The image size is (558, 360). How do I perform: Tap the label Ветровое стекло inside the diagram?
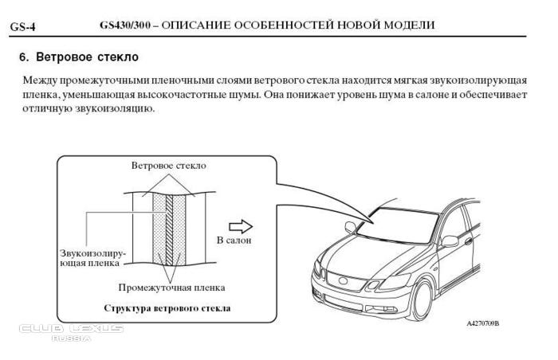(x=168, y=166)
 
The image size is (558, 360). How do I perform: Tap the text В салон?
(x=234, y=239)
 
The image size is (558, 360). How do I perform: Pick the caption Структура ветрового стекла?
(x=167, y=307)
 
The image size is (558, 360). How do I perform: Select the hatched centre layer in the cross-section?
(x=168, y=231)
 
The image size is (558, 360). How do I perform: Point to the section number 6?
(x=23, y=57)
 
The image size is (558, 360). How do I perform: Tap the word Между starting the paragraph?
(x=41, y=80)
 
